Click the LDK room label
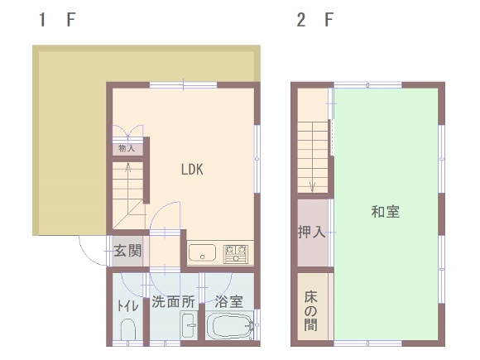point(192,170)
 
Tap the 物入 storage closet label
point(127,148)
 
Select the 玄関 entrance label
point(128,251)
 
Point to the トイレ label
point(127,306)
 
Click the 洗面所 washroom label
point(174,302)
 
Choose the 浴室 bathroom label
point(229,302)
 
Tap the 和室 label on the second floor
point(386,212)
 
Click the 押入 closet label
point(312,232)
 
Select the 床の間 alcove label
point(310,311)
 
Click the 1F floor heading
point(57,20)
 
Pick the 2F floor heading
point(315,20)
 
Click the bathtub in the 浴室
point(229,326)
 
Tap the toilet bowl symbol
point(128,329)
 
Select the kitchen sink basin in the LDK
point(202,253)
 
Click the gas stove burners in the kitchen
point(235,254)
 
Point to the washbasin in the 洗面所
point(189,326)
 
